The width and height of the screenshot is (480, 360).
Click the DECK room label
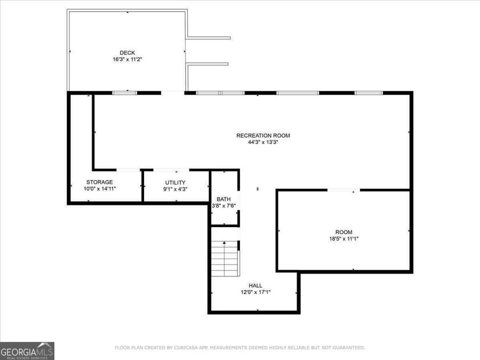(127, 52)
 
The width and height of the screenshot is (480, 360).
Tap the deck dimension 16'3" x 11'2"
(127, 60)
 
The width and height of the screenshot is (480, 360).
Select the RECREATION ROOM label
(263, 135)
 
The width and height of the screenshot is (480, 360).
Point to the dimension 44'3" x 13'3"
(263, 142)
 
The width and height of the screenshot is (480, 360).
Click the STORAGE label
(99, 182)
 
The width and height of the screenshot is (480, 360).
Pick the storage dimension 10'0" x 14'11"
(99, 189)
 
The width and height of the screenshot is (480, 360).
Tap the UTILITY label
(175, 182)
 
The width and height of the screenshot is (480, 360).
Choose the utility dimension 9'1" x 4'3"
(175, 189)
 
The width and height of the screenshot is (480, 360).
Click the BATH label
(223, 199)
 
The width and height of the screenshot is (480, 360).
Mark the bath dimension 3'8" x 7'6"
(223, 206)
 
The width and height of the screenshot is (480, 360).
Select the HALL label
(255, 285)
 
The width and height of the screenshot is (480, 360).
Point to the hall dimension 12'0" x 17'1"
(255, 292)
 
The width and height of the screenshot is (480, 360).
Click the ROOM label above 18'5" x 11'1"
(343, 232)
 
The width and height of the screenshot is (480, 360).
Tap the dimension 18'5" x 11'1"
(343, 239)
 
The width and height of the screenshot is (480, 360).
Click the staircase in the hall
(225, 258)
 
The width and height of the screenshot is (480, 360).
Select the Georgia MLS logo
(27, 351)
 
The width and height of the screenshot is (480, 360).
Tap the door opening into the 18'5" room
(343, 189)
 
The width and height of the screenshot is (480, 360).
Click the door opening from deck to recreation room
(172, 93)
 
